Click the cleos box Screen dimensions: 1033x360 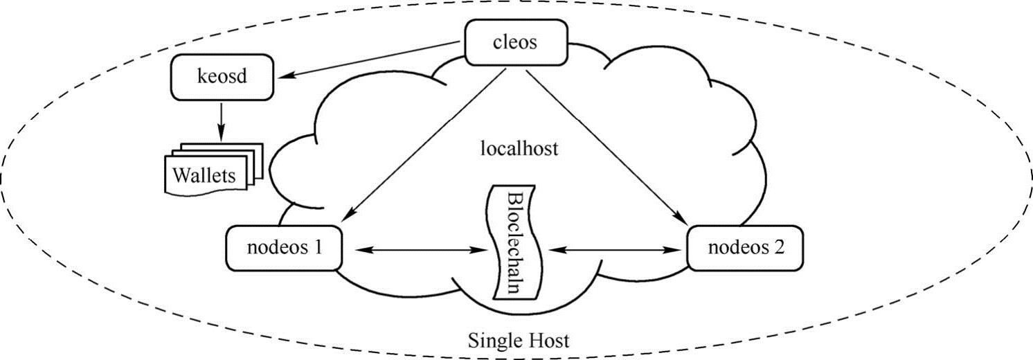[516, 42]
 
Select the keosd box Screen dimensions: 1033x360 [222, 77]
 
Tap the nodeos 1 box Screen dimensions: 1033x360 [284, 248]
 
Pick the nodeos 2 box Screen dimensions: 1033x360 [745, 248]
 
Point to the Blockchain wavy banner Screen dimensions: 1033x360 [515, 242]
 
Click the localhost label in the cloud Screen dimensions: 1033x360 [519, 148]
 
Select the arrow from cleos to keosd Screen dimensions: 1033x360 [369, 60]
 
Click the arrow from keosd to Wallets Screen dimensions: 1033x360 [222, 122]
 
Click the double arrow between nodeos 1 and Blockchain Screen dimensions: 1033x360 [422, 250]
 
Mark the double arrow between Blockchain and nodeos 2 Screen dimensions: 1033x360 [615, 250]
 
